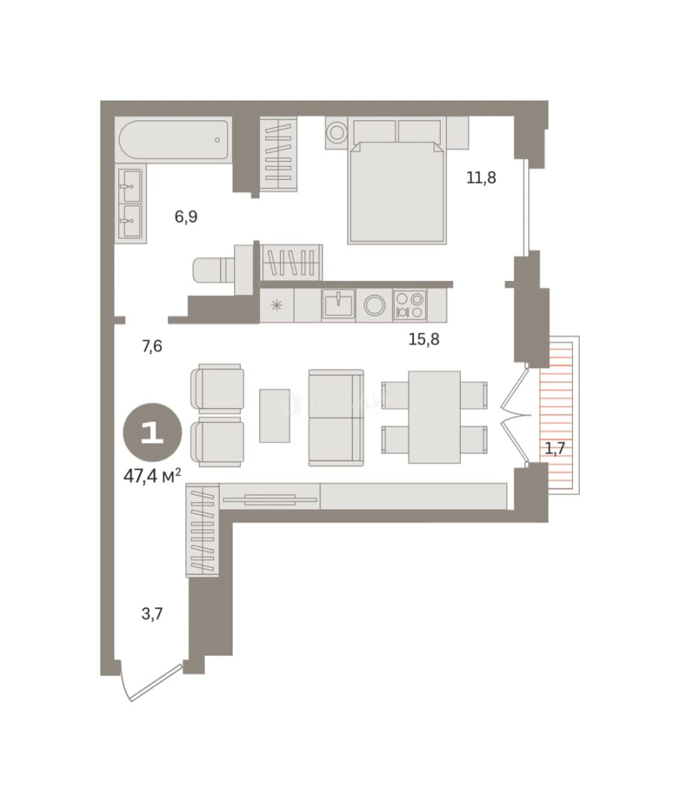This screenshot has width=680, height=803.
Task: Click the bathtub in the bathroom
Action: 174,140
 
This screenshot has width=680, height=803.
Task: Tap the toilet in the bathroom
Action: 214,269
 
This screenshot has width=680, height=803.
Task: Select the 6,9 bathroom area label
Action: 186,216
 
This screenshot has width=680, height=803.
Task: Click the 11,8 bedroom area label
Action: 482,178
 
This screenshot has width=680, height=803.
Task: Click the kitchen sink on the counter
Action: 338,304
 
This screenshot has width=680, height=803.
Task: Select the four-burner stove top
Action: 410,306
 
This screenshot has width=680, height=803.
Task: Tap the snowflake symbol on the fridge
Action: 276,306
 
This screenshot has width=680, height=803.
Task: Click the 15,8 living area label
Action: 424,339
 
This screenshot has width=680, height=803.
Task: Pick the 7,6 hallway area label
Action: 152,346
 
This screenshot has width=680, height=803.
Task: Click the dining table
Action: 434,417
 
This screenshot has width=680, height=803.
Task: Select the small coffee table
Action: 274,416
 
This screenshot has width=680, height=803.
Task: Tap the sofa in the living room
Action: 336,418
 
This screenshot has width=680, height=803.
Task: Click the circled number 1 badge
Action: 152,433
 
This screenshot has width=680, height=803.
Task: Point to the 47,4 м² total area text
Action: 152,477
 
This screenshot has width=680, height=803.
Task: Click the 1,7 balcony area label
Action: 554,448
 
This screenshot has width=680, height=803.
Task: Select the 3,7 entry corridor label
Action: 152,613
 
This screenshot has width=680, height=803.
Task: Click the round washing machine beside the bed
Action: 337,133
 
